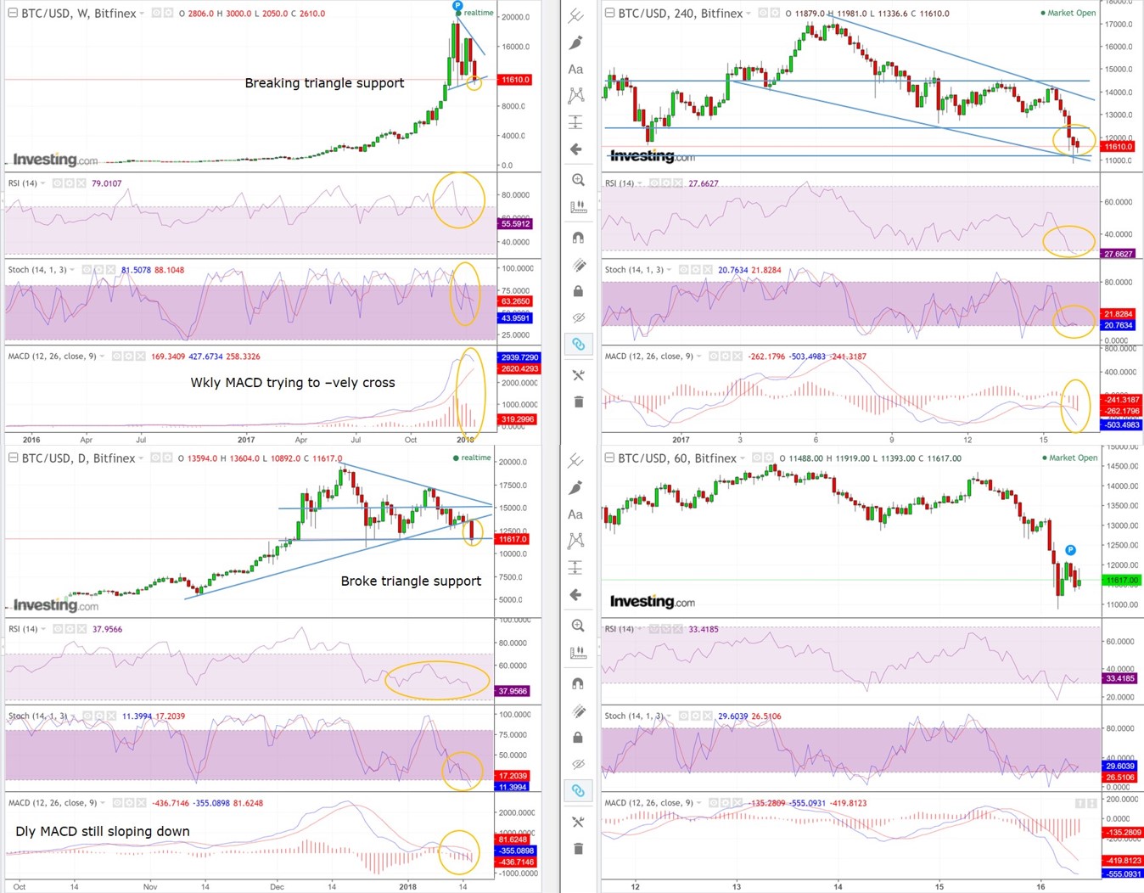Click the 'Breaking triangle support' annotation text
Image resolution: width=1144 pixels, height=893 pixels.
coord(324,83)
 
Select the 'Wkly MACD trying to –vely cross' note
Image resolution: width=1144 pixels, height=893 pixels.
coord(293,383)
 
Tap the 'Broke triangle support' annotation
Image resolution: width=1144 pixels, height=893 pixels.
coord(411,581)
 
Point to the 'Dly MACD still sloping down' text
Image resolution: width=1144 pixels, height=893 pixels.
coord(103,832)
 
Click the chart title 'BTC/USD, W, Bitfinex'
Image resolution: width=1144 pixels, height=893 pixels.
coord(79,14)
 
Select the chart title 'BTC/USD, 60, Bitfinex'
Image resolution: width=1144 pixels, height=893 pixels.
coord(676,458)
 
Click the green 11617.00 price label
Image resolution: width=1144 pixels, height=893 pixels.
coord(1121,581)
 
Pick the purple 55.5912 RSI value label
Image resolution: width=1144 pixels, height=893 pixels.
coord(515,224)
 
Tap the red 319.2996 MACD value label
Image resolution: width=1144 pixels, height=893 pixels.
coord(517,419)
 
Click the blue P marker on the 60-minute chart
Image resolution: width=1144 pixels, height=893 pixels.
coord(1070,550)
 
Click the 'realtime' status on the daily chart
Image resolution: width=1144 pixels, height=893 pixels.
coord(475,458)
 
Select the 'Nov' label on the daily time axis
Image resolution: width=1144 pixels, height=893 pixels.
coord(150,886)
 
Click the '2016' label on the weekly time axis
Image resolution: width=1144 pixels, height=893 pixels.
coord(31,440)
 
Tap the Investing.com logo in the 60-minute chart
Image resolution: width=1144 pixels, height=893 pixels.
coord(652,602)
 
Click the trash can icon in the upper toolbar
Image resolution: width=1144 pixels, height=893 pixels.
coord(578,402)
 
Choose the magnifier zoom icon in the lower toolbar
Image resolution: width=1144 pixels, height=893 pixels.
coord(578,626)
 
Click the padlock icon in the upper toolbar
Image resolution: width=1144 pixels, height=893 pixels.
coord(578,292)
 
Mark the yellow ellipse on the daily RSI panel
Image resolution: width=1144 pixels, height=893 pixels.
coord(437,680)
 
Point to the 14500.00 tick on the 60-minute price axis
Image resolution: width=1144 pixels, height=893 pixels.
coord(1123,466)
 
